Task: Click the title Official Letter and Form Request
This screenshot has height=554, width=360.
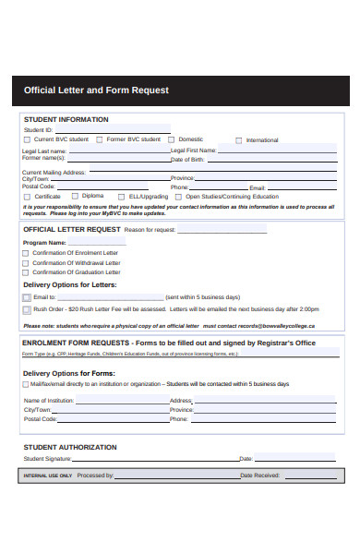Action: click(x=96, y=90)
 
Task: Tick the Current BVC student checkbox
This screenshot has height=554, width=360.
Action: click(x=27, y=139)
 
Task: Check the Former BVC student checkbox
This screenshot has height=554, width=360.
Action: click(x=101, y=139)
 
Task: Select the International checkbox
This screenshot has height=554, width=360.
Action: click(x=239, y=140)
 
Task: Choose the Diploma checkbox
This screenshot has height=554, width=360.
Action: click(x=75, y=197)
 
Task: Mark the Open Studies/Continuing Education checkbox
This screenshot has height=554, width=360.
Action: click(x=179, y=197)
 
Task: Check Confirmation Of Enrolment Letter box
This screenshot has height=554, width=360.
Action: click(x=26, y=253)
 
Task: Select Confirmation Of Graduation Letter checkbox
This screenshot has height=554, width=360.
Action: click(x=26, y=273)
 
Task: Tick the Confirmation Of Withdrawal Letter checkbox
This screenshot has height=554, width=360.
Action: click(x=26, y=263)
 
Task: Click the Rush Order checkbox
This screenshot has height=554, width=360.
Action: click(x=26, y=310)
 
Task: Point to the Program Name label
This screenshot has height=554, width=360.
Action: click(x=45, y=242)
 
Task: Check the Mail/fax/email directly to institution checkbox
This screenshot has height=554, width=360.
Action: click(x=26, y=383)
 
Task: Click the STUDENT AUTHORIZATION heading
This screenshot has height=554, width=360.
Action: click(x=69, y=447)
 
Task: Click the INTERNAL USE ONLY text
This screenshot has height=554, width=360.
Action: click(x=47, y=476)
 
